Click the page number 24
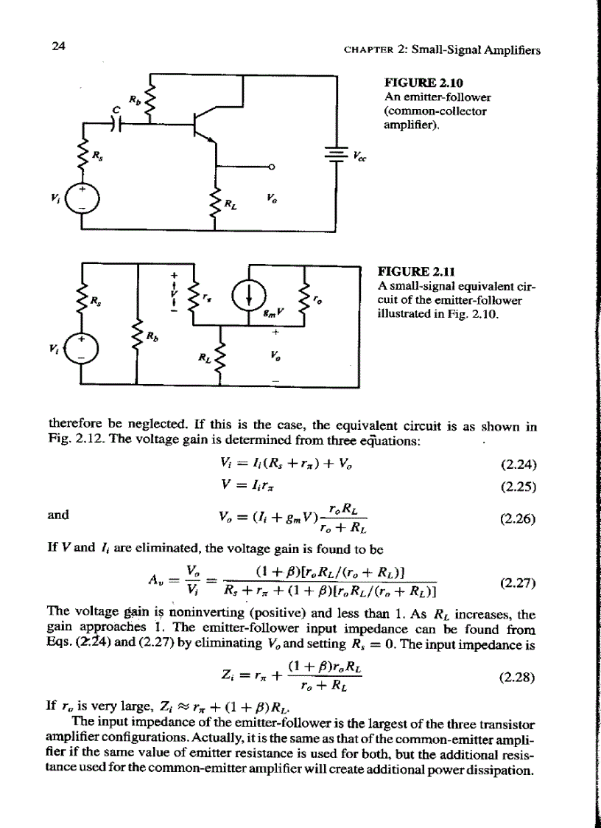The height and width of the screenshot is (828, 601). point(60,46)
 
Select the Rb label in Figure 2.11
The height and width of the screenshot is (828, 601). point(153,338)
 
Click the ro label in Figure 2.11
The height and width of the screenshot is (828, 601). point(317,300)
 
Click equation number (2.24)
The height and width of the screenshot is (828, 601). point(517,465)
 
